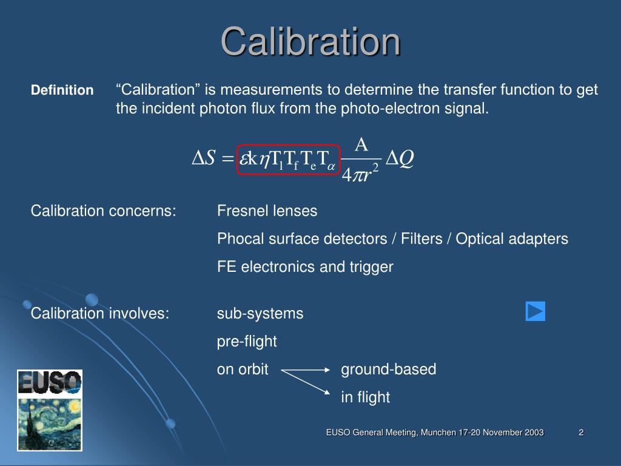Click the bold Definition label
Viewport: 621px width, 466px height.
pos(62,90)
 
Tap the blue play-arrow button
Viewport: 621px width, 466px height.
pos(535,311)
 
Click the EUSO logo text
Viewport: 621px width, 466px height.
pos(50,382)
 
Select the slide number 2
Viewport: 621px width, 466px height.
pos(581,432)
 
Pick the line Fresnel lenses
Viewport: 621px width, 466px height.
pos(267,211)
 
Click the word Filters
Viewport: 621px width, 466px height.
pos(420,239)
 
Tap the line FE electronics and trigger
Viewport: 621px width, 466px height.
pos(305,267)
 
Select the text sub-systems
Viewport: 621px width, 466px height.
pos(260,314)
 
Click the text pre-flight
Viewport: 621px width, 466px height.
pos(247,342)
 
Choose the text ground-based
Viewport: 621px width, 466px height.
pos(388,370)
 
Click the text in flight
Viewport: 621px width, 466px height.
pos(365,397)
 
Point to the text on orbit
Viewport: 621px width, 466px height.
pos(243,370)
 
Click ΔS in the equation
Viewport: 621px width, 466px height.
pos(204,158)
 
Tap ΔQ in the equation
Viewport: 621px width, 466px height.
pos(400,158)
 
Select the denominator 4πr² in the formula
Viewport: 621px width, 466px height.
pos(360,175)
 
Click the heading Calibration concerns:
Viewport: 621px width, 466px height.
pos(104,211)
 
